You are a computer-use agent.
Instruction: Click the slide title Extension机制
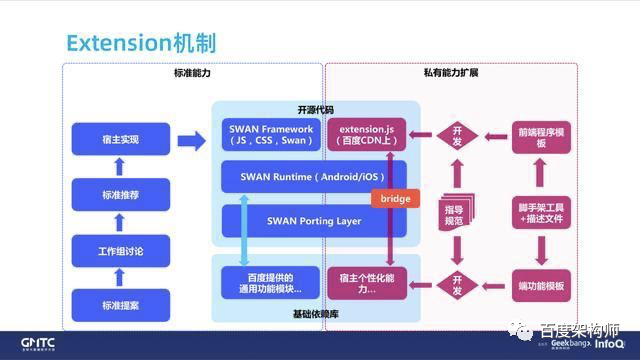[x=140, y=43]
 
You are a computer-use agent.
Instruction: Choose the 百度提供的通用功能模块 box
[x=262, y=282]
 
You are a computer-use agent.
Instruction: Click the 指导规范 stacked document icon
[x=455, y=212]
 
